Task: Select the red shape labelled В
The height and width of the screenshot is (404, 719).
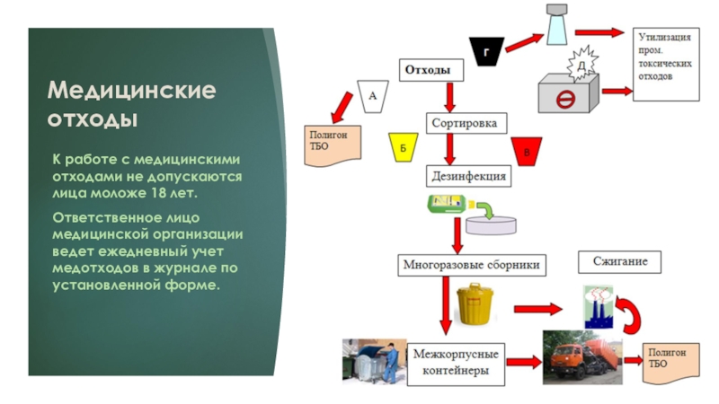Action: click(527, 151)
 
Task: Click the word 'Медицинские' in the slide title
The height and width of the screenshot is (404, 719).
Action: click(131, 92)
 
